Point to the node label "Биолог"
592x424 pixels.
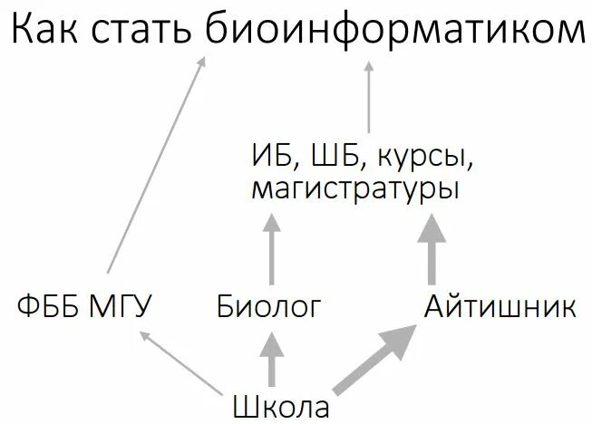pyautogui.click(x=269, y=307)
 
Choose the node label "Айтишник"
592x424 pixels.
pyautogui.click(x=500, y=307)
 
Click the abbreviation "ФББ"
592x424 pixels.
pyautogui.click(x=49, y=307)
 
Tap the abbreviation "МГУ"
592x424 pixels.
pyautogui.click(x=118, y=307)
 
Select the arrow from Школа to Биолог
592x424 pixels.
pyautogui.click(x=270, y=359)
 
